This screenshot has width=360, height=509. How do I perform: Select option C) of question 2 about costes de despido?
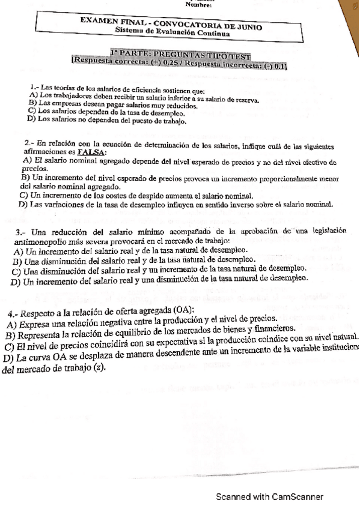coord(23,196)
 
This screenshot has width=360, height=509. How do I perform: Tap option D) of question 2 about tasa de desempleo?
coord(23,205)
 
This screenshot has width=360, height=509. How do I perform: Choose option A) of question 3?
coord(18,251)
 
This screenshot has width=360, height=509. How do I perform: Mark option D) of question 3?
coord(16,280)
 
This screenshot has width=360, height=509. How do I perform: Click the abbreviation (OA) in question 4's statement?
coord(182,309)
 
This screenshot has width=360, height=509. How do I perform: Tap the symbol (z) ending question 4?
coord(100,369)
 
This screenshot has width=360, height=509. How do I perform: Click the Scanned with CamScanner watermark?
coord(270,497)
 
